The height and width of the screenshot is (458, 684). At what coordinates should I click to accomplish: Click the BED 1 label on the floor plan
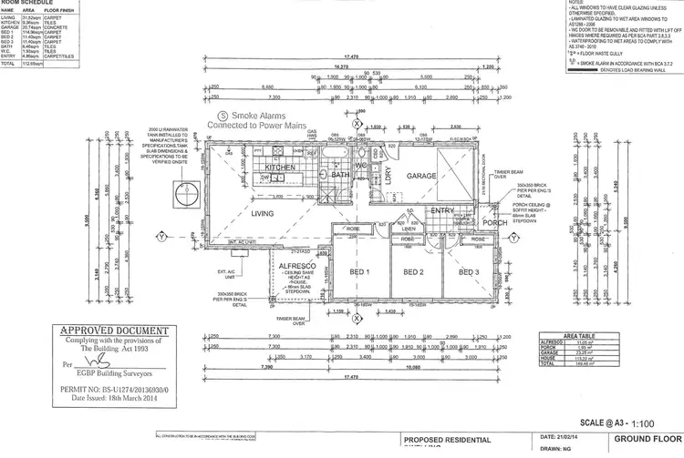[x=360, y=272]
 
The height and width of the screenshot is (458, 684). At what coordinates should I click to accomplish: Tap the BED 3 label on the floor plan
[x=470, y=272]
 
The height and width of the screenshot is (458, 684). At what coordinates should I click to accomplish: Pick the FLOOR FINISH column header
[x=61, y=12]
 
